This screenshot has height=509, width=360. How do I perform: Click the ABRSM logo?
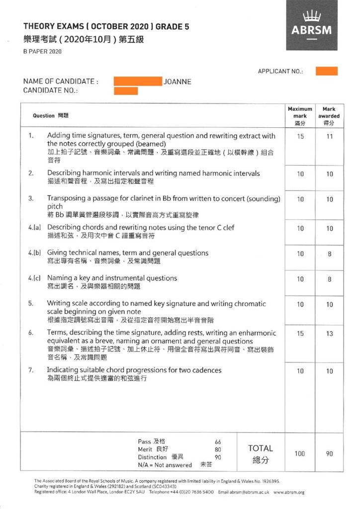click(x=312, y=25)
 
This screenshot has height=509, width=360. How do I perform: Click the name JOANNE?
click(x=178, y=82)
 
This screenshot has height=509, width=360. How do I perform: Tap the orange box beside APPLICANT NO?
click(x=326, y=71)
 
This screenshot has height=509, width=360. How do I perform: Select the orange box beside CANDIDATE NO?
click(x=126, y=91)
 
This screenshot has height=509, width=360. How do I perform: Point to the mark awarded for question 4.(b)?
click(x=329, y=254)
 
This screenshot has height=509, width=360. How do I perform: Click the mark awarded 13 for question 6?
click(x=329, y=334)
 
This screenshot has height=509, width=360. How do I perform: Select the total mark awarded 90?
click(x=329, y=454)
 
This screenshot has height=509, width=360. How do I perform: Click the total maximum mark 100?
click(x=300, y=454)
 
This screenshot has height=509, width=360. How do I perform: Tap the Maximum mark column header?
click(x=300, y=115)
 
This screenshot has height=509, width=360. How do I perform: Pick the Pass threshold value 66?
click(x=218, y=442)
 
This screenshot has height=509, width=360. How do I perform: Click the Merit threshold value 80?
click(x=218, y=449)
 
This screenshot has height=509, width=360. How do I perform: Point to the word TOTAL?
click(x=261, y=448)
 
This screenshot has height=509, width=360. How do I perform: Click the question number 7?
click(x=31, y=370)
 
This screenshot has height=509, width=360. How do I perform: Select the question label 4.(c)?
click(x=34, y=278)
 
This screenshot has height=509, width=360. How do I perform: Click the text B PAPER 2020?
click(x=42, y=52)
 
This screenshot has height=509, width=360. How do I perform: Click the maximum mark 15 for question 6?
click(x=300, y=334)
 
